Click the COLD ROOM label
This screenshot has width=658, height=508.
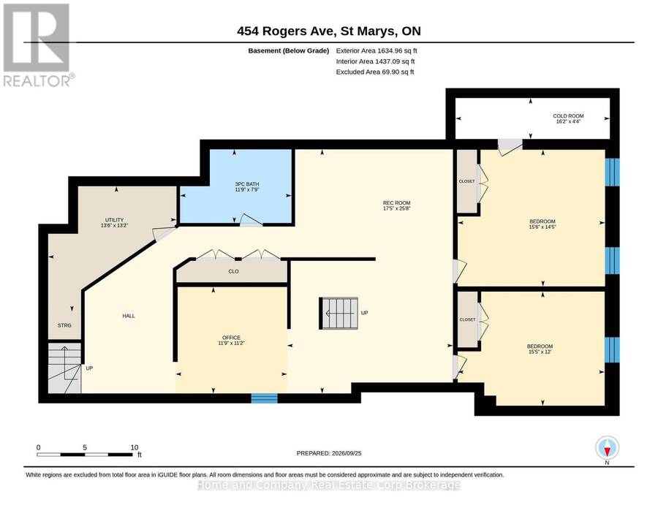click(x=568, y=115)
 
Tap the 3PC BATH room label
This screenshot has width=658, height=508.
click(x=247, y=184)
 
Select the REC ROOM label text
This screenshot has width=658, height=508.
click(x=396, y=203)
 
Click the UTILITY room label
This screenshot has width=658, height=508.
click(x=114, y=220)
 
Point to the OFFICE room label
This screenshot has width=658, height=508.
click(x=231, y=338)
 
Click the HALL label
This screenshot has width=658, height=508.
click(x=129, y=316)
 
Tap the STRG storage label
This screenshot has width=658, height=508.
click(x=64, y=325)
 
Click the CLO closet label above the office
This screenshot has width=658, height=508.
click(x=234, y=271)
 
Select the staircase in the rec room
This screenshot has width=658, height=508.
click(x=339, y=314)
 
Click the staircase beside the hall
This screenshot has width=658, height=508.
click(x=64, y=368)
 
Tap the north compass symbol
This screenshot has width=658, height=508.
click(x=607, y=448)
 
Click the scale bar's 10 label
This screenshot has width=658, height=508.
click(x=135, y=447)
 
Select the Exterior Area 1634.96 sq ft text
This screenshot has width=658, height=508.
click(x=377, y=50)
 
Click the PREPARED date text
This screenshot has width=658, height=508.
click(x=329, y=453)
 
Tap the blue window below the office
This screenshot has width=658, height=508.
click(x=265, y=398)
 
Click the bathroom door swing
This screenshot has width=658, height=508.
click(x=251, y=220)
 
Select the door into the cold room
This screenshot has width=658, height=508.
click(x=510, y=147)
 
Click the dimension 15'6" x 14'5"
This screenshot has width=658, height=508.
click(x=542, y=227)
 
